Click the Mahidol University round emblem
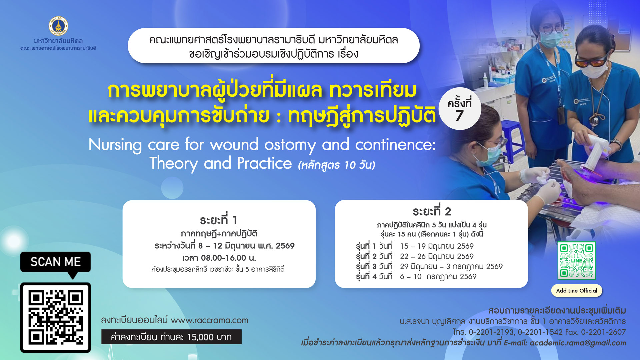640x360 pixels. tap(58, 26)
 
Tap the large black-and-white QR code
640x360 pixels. tap(56, 317)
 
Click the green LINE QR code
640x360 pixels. tap(577, 261)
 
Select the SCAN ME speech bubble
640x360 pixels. tap(55, 262)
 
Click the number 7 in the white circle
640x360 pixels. tap(459, 116)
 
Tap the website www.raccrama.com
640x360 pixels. tap(209, 320)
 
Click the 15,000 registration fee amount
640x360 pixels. tap(200, 337)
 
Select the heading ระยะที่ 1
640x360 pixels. tap(219, 220)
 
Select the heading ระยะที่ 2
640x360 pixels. tap(431, 211)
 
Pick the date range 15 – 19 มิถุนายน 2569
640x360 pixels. tap(437, 246)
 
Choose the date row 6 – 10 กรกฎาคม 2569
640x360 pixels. tap(438, 276)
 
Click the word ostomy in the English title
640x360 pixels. tap(290, 145)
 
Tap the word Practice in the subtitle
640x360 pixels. tap(264, 163)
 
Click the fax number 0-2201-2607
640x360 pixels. tap(603, 332)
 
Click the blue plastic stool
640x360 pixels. tap(513, 133)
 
